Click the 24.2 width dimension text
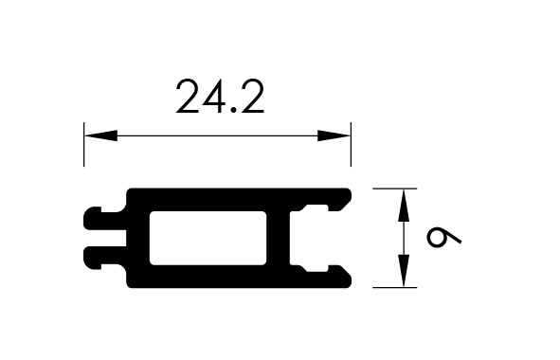(220, 97)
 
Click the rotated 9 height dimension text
(444, 237)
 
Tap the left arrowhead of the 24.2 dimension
(100, 135)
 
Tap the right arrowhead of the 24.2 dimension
(334, 135)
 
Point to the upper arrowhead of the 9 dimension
(404, 205)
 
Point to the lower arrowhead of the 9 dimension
(404, 271)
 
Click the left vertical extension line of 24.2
(84, 144)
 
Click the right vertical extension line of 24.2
(351, 144)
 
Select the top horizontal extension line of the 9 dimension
(394, 189)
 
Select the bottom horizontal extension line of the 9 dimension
(394, 287)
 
